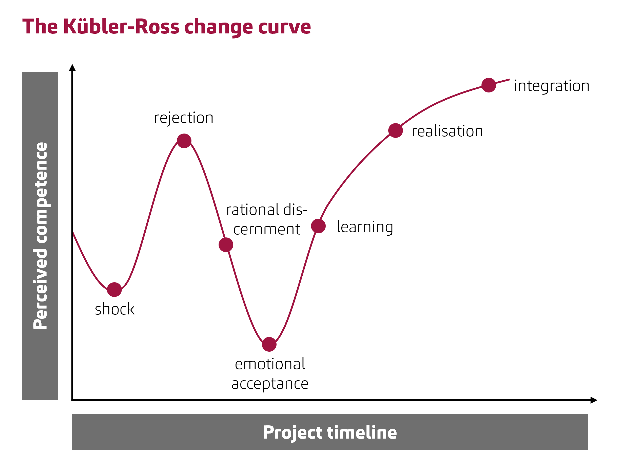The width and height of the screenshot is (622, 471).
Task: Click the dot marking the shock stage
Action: point(114,290)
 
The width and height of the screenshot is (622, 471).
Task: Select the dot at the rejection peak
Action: point(184,141)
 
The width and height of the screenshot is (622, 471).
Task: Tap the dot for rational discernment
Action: point(226,244)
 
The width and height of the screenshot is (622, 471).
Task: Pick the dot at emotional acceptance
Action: point(269,344)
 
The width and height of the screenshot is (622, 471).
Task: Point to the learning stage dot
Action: point(318,226)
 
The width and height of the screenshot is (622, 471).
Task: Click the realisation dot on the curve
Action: point(396,130)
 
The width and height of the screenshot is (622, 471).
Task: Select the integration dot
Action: point(489,85)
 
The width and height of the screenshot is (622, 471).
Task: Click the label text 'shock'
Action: point(114,309)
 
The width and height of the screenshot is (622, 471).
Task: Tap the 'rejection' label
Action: point(184,118)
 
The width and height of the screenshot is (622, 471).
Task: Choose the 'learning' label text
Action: point(365,227)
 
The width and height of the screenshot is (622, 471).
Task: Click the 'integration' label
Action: point(551,86)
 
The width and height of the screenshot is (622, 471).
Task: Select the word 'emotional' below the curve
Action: point(270,364)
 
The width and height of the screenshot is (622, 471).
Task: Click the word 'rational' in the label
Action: point(253,210)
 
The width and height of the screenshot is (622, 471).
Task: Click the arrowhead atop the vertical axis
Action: point(72,68)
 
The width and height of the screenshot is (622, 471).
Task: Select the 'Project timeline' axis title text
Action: point(330,432)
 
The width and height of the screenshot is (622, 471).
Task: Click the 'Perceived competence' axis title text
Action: point(40,236)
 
